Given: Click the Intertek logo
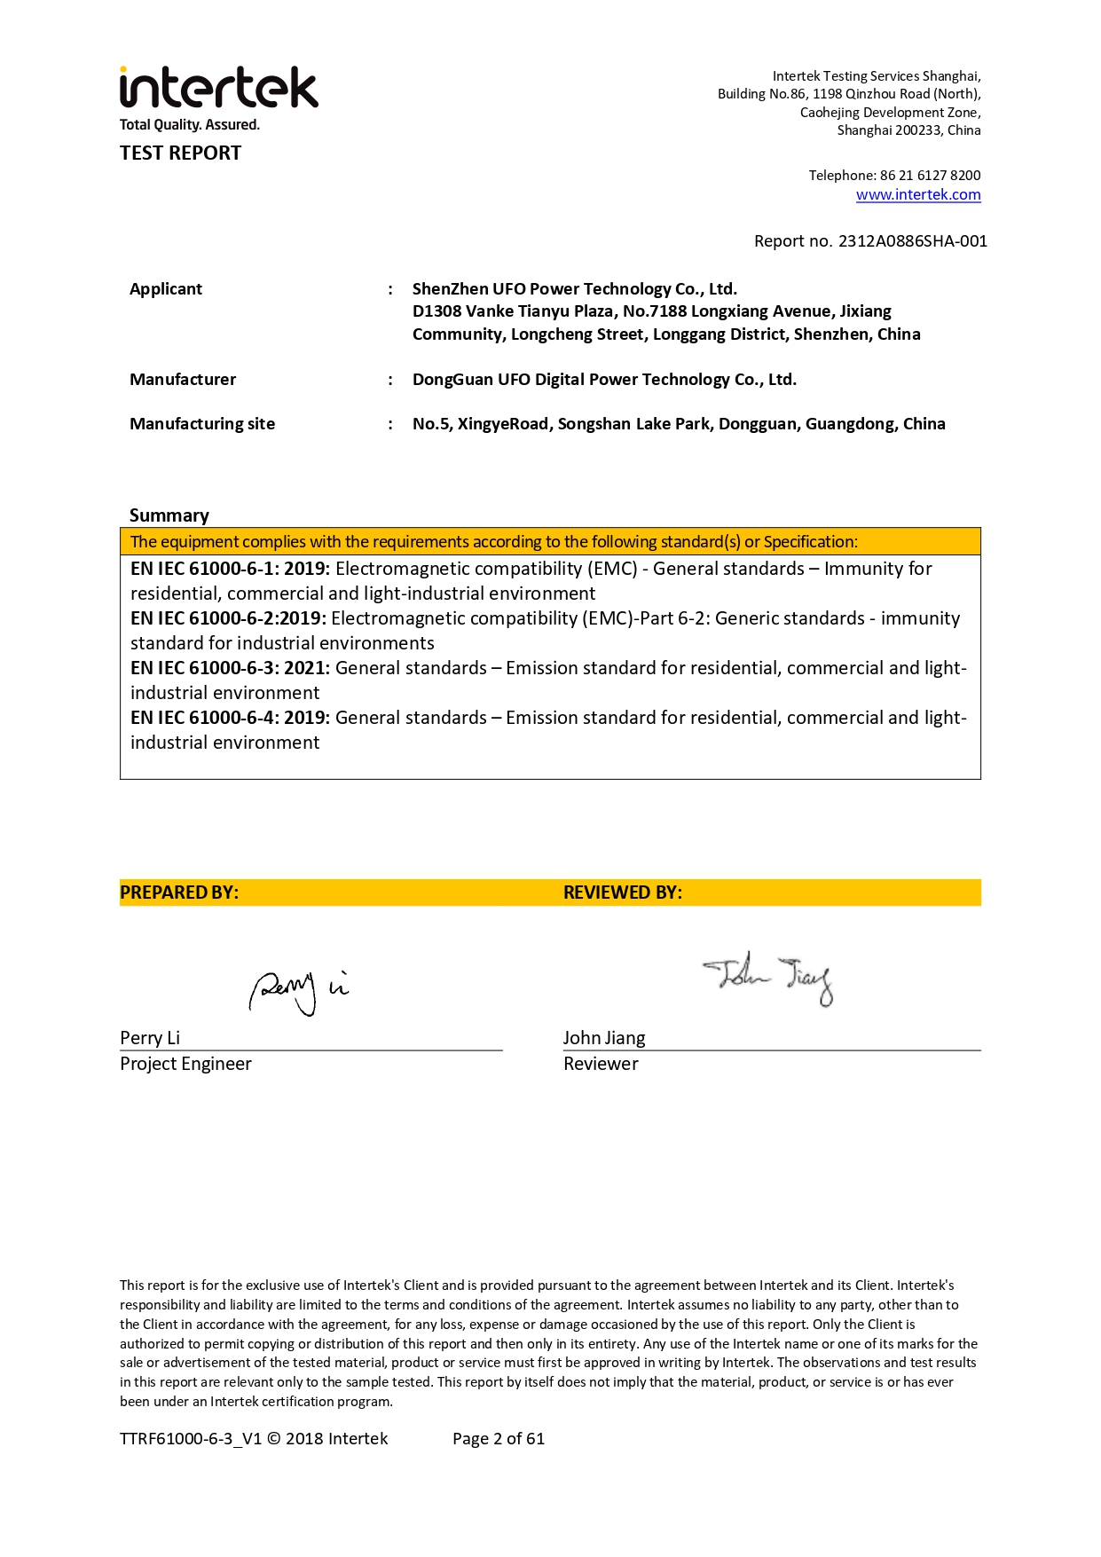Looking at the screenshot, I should [x=218, y=89].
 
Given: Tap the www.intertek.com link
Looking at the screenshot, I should [x=918, y=195].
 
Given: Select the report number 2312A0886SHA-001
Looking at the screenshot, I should [x=912, y=241].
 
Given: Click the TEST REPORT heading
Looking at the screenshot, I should [x=181, y=153].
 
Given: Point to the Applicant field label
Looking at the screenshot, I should [x=166, y=289].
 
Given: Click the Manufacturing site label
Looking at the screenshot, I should [x=202, y=424].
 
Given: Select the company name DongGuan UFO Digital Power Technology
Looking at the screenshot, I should [x=604, y=380].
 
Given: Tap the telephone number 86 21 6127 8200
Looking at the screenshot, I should [x=930, y=176].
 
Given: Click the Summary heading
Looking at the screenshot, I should [x=169, y=515].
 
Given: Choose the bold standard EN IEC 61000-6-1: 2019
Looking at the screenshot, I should [x=230, y=569].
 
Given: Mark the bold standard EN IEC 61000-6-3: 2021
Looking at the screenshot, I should [x=230, y=668].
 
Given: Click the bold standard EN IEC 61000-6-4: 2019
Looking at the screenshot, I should [x=230, y=718].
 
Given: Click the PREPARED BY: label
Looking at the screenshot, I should [x=179, y=893].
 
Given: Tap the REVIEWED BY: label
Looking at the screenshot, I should [x=623, y=893].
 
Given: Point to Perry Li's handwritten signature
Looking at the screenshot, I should [x=298, y=991].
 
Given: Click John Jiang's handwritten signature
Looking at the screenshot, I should [x=768, y=978].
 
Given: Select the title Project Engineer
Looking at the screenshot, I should [x=185, y=1064].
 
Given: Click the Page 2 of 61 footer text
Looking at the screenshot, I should [x=499, y=1439].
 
